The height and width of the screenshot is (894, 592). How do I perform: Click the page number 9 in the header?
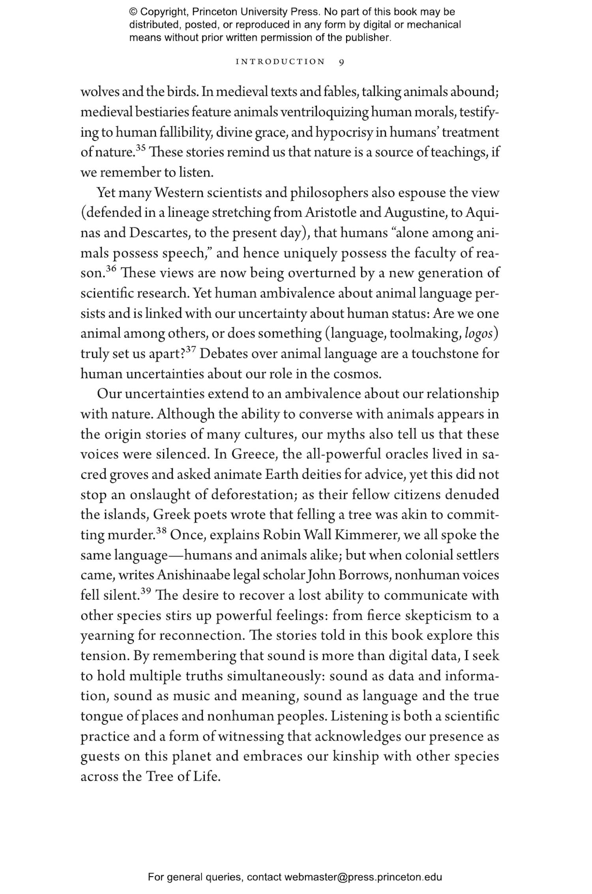click(x=341, y=62)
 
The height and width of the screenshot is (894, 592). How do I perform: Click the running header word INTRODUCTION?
click(x=280, y=62)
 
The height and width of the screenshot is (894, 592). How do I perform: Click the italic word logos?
click(x=479, y=334)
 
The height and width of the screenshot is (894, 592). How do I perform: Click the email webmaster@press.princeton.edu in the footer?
click(x=363, y=877)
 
